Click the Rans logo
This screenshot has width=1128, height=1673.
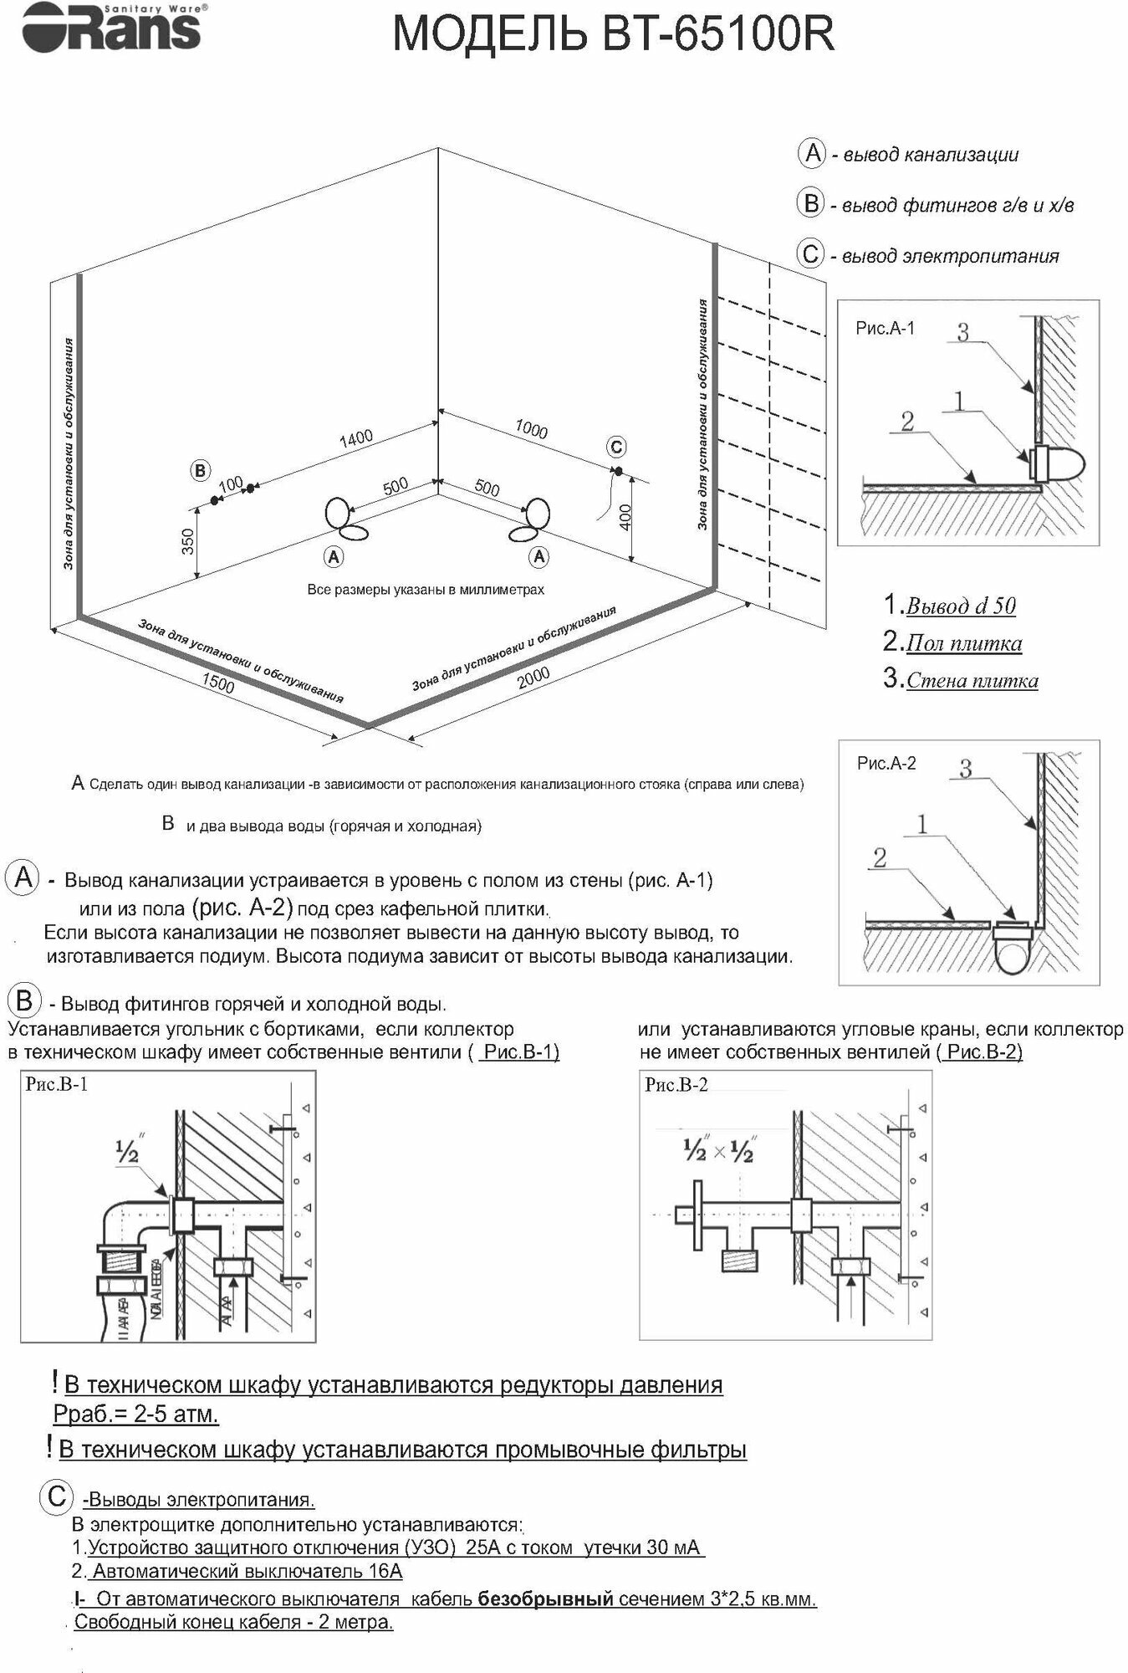[x=111, y=28]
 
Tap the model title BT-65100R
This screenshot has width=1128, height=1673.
[x=614, y=36]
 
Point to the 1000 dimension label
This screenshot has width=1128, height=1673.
[x=531, y=429]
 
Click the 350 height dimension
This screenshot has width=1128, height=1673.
[x=188, y=541]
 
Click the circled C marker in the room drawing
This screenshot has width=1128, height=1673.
[x=616, y=447]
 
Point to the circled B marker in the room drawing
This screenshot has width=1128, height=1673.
[x=200, y=471]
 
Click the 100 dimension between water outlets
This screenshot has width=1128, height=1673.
[x=230, y=484]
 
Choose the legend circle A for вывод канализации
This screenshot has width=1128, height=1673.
[x=812, y=154]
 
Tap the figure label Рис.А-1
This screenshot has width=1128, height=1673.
[x=885, y=329]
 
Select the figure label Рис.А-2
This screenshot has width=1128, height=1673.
[x=886, y=763]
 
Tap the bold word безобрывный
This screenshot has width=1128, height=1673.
[x=545, y=1599]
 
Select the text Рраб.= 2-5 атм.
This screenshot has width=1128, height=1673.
[x=136, y=1414]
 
